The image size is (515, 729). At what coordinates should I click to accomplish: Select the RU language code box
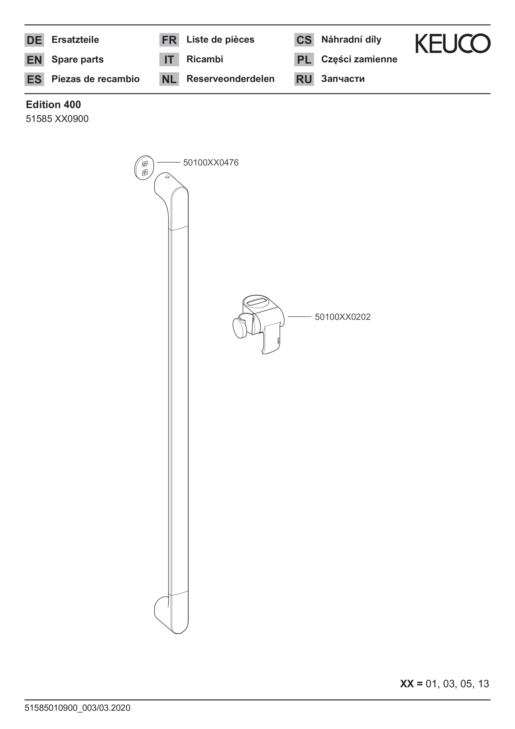[304, 79]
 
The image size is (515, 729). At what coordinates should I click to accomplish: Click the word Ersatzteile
[75, 40]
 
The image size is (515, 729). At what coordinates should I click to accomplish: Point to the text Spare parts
[78, 60]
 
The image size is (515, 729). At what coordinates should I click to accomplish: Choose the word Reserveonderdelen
[230, 79]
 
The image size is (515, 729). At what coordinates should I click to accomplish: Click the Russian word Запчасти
[343, 79]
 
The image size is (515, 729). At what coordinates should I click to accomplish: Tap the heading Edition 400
[53, 104]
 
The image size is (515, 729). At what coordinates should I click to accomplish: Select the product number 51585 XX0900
[57, 119]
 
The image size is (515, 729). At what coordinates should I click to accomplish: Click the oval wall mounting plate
[144, 168]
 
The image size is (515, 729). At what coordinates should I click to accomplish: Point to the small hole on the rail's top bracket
[167, 177]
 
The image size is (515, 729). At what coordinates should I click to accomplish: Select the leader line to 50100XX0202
[300, 317]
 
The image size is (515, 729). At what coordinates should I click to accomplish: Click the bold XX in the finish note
[407, 684]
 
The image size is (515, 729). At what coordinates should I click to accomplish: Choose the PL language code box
[304, 59]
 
